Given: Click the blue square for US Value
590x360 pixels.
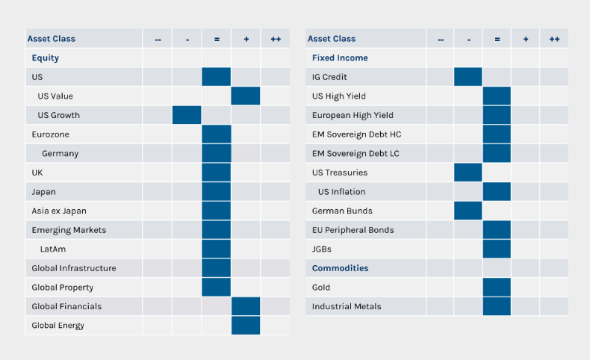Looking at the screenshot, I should click(x=246, y=96).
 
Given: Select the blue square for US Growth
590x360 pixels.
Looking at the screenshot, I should click(x=187, y=115).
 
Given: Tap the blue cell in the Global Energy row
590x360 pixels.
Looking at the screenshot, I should click(x=246, y=326).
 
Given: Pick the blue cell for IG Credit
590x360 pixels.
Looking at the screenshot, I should click(x=468, y=77).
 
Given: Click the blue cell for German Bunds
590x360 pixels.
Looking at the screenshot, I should click(x=468, y=211).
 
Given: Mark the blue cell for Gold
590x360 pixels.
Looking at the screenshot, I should click(x=497, y=287).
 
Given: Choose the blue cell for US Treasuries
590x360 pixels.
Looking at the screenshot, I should click(x=468, y=173).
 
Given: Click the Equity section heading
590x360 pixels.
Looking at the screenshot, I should click(x=46, y=58).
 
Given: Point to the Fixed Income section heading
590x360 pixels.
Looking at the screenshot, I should click(x=340, y=58).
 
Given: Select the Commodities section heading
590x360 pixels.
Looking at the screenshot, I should click(x=340, y=268).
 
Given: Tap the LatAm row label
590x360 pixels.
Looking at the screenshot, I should click(x=54, y=249).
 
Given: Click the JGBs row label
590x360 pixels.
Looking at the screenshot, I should click(x=323, y=249).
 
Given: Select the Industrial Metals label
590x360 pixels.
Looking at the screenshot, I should click(x=347, y=306).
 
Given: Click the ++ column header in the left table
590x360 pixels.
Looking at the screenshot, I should click(x=276, y=39).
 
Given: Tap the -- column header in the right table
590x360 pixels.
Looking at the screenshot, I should click(x=441, y=39).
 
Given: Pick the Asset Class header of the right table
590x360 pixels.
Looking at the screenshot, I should click(x=332, y=39).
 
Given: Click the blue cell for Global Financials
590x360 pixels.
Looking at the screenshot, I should click(x=246, y=306).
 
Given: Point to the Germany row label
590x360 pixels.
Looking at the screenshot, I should click(x=60, y=153).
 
